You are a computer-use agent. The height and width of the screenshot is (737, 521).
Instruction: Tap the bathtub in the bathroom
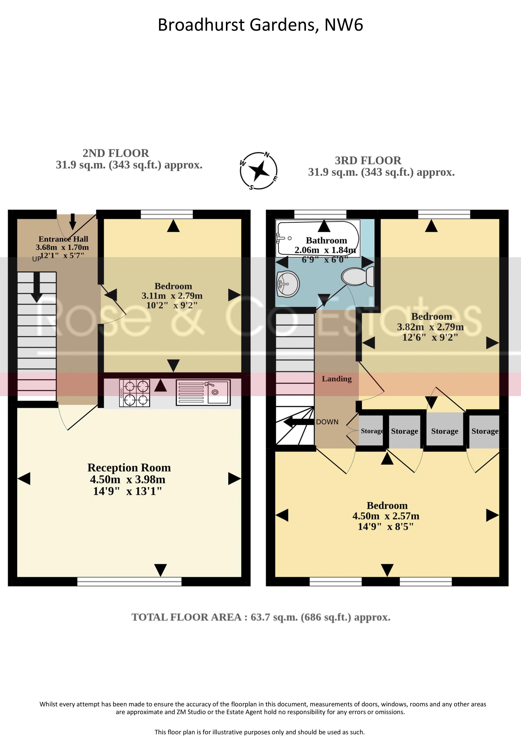point(318,238)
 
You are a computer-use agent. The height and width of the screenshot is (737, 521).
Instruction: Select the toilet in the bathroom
point(358,277)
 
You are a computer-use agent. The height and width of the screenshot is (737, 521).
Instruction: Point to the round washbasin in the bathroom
point(288,284)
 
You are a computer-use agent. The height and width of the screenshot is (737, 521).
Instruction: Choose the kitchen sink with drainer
point(203,393)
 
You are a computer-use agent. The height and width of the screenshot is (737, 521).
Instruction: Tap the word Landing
point(337,379)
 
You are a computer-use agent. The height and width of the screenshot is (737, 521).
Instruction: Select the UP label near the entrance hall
point(36,259)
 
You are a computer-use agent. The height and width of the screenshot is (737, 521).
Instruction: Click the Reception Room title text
point(129,468)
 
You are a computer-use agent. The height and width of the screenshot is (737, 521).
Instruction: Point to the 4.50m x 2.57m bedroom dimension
point(386,516)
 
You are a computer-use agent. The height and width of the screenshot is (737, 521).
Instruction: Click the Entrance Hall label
point(63,239)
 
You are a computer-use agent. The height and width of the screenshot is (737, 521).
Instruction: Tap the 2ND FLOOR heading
point(116,153)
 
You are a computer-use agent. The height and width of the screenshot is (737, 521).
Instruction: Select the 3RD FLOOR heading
point(368,161)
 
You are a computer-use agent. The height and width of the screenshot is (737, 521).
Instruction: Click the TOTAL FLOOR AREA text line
point(261,617)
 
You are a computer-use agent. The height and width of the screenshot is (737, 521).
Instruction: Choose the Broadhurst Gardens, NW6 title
point(260,25)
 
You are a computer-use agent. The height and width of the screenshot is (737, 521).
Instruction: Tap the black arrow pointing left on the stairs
point(298,422)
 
